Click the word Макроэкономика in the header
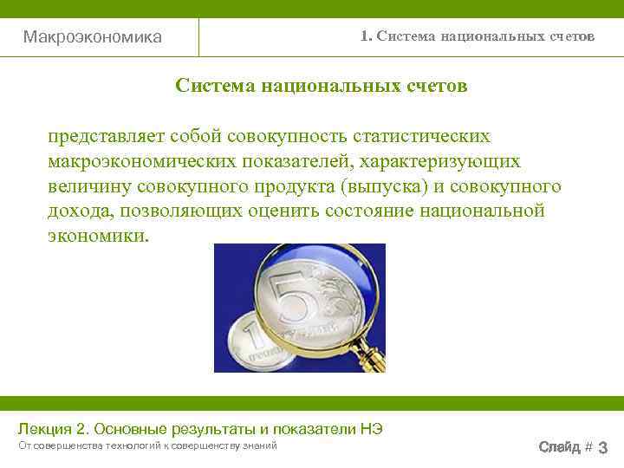[x=92, y=37]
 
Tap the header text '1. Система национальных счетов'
[x=478, y=36]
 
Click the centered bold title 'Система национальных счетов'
[x=321, y=86]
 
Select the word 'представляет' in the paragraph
[x=107, y=137]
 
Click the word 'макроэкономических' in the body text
[x=142, y=162]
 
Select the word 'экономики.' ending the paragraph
[x=98, y=237]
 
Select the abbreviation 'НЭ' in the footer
[x=369, y=429]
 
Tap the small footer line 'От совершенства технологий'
[x=87, y=445]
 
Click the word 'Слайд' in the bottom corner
[x=559, y=447]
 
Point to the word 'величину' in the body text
[x=87, y=187]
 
